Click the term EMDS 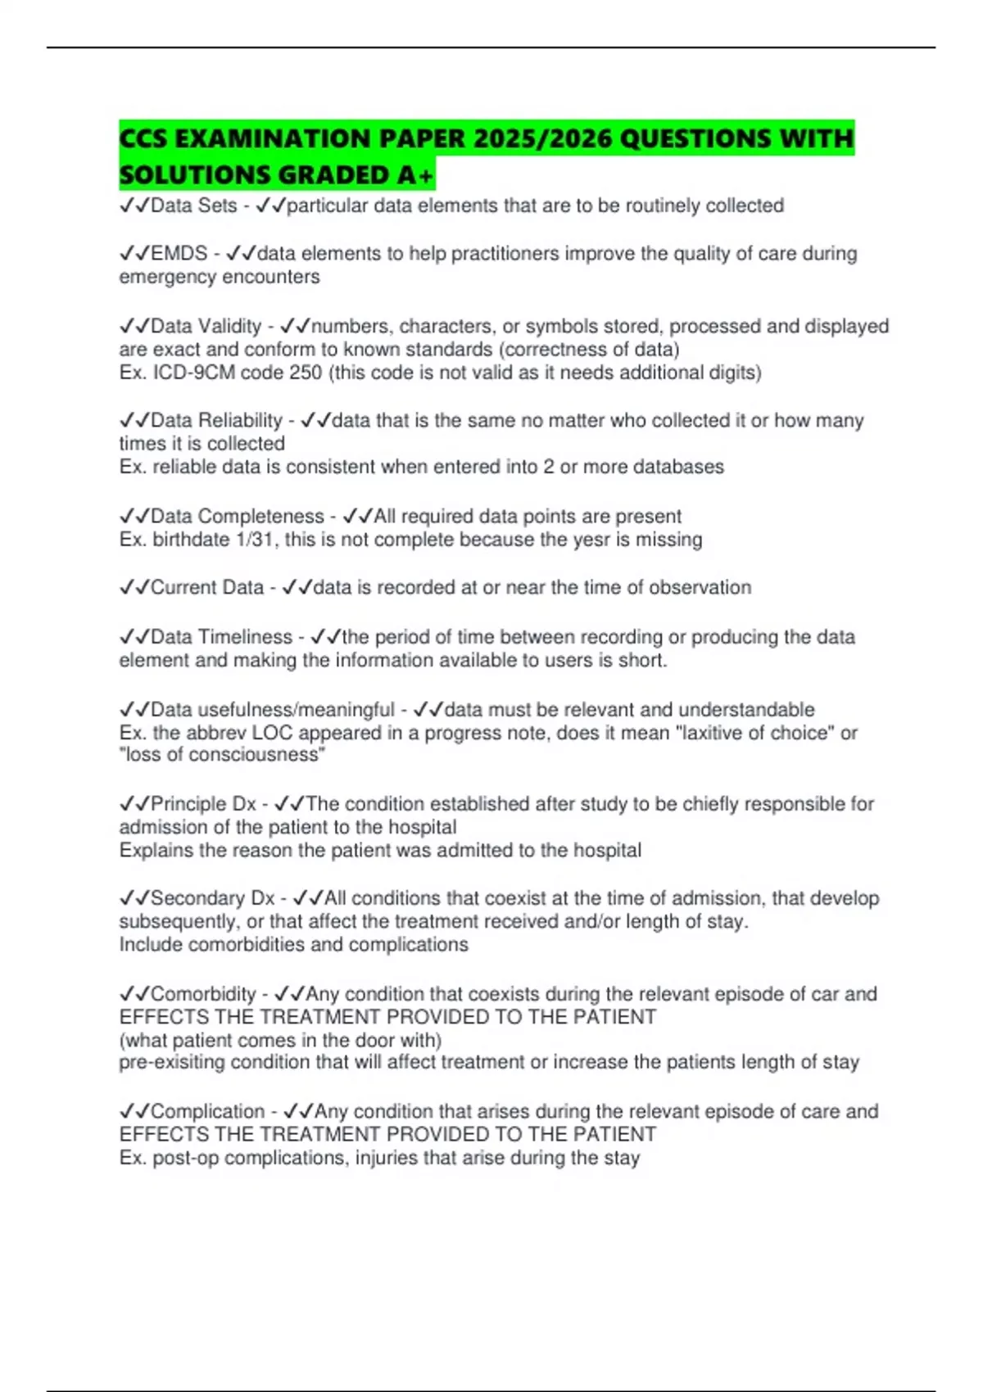coord(179,254)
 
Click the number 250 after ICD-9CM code coord(306,373)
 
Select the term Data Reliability coord(216,421)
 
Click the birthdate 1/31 coord(255,540)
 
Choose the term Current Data coord(207,588)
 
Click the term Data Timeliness coord(221,637)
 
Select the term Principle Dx coord(203,804)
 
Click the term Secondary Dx coord(212,898)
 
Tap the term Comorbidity coord(203,994)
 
